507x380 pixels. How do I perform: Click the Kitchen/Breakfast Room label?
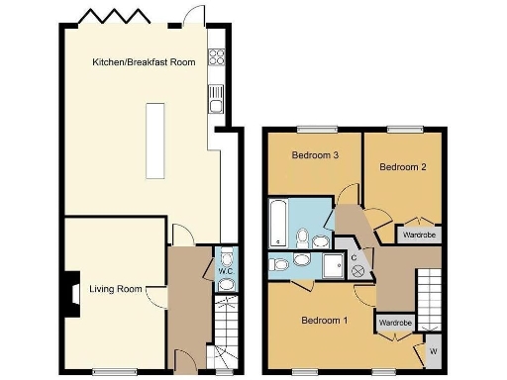tap(144, 61)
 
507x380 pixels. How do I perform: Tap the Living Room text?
tap(110, 290)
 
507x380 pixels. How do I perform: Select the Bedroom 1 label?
tap(325, 320)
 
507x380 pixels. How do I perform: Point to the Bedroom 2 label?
tap(403, 167)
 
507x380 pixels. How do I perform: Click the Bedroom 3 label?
tap(316, 155)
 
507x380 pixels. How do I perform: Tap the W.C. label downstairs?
tap(225, 271)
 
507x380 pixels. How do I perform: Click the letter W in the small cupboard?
tap(432, 350)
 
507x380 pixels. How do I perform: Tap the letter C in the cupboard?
tap(354, 257)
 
